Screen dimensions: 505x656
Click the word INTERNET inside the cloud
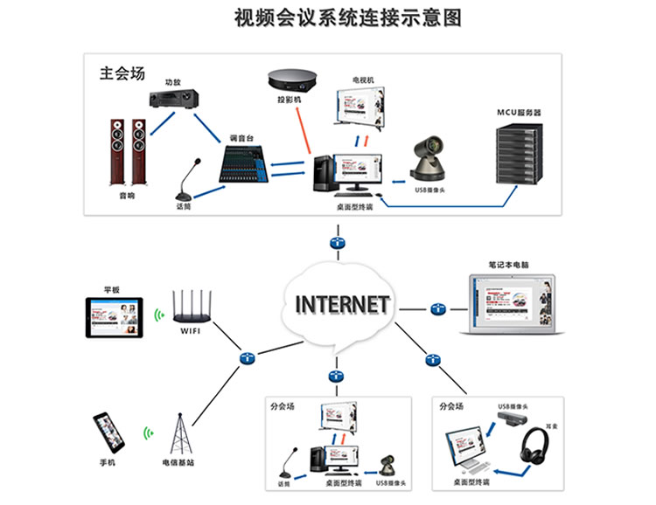pyautogui.click(x=342, y=304)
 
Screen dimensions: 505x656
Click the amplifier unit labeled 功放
pyautogui.click(x=171, y=100)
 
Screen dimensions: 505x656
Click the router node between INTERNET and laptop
pyautogui.click(x=437, y=308)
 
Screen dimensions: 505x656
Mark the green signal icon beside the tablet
pyautogui.click(x=159, y=315)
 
